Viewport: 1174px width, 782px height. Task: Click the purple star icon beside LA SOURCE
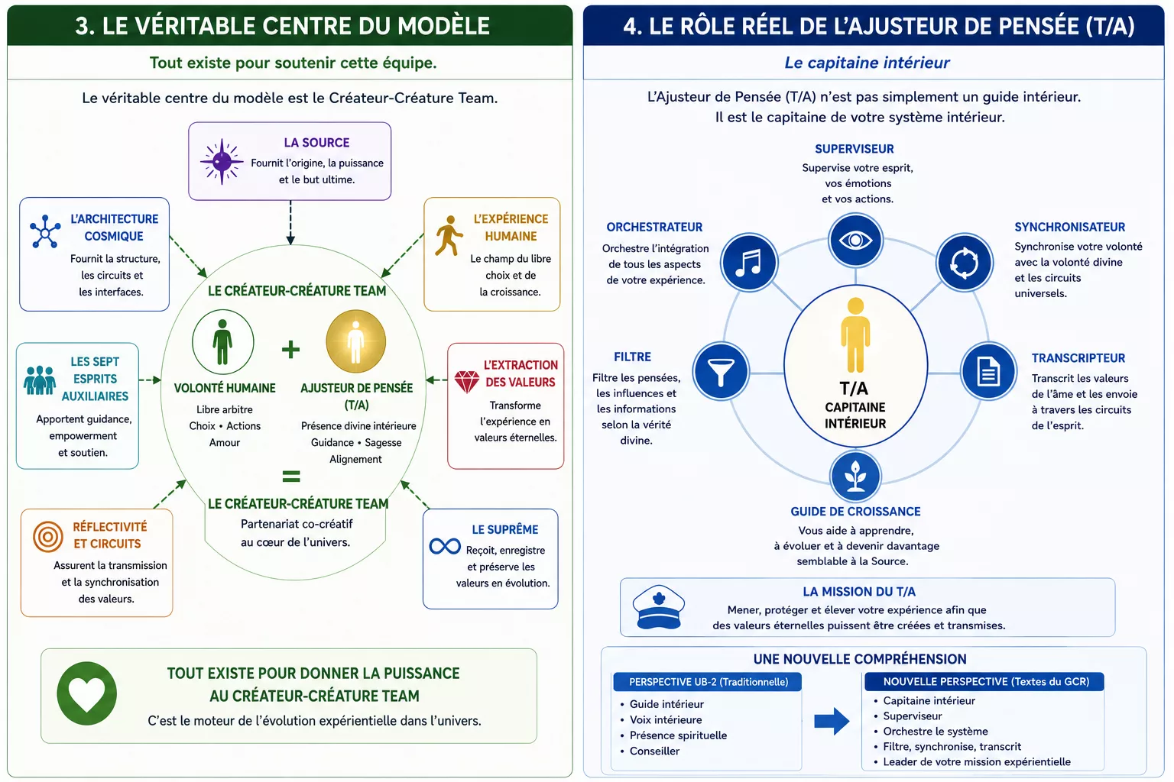tap(222, 161)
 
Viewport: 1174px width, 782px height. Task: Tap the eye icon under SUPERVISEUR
tap(855, 241)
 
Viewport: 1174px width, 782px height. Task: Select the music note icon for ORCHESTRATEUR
tap(749, 262)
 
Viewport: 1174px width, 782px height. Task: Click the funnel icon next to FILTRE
tap(722, 371)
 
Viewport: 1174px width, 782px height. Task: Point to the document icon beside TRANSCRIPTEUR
tap(988, 371)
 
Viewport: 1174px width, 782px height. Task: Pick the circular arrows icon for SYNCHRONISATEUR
tap(965, 262)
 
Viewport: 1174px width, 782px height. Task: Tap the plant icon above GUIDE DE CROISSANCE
tap(855, 476)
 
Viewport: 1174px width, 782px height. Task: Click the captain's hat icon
tap(658, 607)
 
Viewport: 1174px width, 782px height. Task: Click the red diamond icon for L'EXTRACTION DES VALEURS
tap(466, 382)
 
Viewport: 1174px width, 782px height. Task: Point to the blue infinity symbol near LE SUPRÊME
tap(445, 546)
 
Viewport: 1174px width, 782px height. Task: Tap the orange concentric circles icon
tap(47, 536)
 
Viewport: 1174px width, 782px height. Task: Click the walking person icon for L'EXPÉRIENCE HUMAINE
tap(449, 236)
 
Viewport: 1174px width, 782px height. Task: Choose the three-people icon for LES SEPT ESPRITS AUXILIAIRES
tap(39, 380)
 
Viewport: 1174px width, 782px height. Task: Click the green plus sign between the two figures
tap(290, 349)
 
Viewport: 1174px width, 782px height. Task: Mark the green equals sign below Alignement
tap(291, 476)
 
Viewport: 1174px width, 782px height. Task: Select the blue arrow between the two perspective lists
tap(832, 721)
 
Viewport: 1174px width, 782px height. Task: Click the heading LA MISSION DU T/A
tap(859, 591)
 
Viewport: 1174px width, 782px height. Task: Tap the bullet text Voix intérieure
tap(666, 719)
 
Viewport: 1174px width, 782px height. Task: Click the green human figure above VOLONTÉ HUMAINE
tap(222, 342)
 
